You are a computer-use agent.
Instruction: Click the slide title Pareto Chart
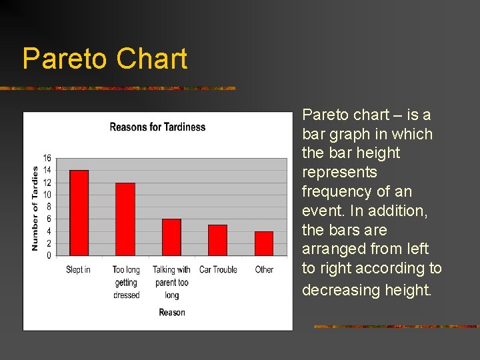pyautogui.click(x=105, y=59)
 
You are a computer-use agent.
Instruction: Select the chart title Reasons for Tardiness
pyautogui.click(x=157, y=127)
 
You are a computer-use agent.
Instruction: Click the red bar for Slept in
pyautogui.click(x=79, y=213)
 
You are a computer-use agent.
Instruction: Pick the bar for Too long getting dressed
pyautogui.click(x=125, y=219)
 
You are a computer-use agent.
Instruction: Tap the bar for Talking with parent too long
pyautogui.click(x=171, y=237)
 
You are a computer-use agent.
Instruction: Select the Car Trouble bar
pyautogui.click(x=217, y=240)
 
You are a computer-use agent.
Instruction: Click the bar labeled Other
pyautogui.click(x=264, y=243)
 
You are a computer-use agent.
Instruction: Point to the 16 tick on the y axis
pyautogui.click(x=47, y=158)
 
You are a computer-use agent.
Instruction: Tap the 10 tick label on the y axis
pyautogui.click(x=47, y=195)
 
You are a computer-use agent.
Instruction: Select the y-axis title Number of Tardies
pyautogui.click(x=35, y=208)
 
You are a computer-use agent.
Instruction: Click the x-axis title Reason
pyautogui.click(x=172, y=312)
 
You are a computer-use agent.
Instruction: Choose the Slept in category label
pyautogui.click(x=78, y=270)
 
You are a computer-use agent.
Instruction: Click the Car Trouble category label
pyautogui.click(x=218, y=270)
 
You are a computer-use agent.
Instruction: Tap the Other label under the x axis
pyautogui.click(x=264, y=270)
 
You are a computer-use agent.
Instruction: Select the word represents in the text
pyautogui.click(x=339, y=172)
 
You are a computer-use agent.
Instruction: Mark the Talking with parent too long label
pyautogui.click(x=171, y=282)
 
